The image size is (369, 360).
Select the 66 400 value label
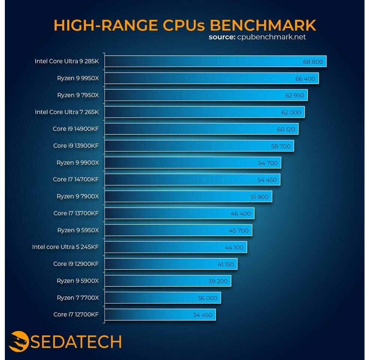pyautogui.click(x=305, y=79)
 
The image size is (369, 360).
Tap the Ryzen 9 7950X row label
pyautogui.click(x=78, y=95)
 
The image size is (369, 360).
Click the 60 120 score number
pyautogui.click(x=286, y=129)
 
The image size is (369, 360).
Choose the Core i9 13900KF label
pyautogui.click(x=76, y=146)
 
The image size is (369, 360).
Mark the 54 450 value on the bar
pyautogui.click(x=267, y=180)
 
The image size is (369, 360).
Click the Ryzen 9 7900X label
pyautogui.click(x=78, y=196)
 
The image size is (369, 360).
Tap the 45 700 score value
pyautogui.click(x=239, y=231)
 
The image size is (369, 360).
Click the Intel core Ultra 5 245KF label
pyautogui.click(x=66, y=247)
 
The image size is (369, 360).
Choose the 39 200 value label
pyautogui.click(x=218, y=281)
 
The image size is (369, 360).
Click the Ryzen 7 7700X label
pyautogui.click(x=78, y=298)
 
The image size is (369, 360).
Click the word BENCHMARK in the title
pyautogui.click(x=263, y=25)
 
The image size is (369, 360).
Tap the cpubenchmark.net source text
pyautogui.click(x=272, y=37)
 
